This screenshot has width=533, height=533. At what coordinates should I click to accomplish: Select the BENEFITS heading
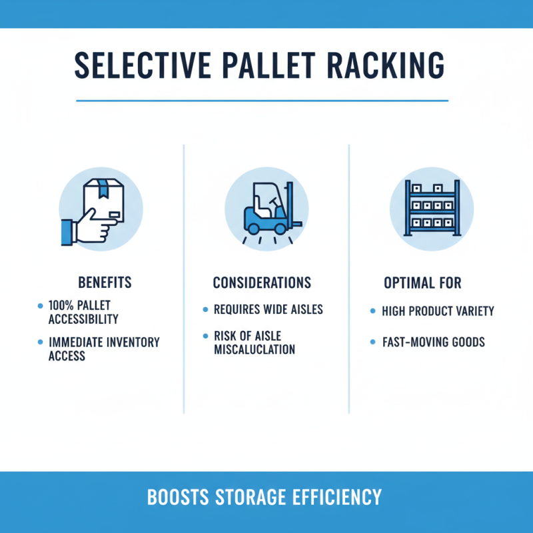coord(105,282)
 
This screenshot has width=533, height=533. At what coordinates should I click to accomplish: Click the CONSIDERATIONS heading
coord(262,282)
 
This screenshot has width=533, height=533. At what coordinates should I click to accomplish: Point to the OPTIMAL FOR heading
coord(422,282)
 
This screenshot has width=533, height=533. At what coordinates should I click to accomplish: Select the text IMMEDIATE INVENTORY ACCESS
coord(104,349)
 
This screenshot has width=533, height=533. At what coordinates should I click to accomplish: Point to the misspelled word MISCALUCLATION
coord(254,350)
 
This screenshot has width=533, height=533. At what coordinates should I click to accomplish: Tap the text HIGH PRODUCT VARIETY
coord(438,311)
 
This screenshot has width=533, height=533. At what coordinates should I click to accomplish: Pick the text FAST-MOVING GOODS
coord(433,342)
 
